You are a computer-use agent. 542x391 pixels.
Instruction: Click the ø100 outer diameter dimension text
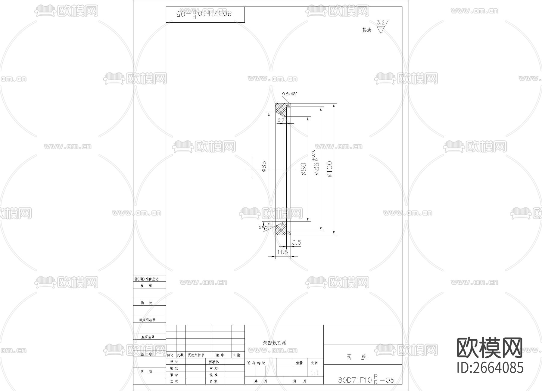[329, 169]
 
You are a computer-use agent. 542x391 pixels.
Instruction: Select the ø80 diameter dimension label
[304, 169]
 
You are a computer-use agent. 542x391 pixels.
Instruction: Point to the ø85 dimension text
[264, 166]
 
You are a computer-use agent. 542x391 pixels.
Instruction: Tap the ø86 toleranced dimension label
[316, 164]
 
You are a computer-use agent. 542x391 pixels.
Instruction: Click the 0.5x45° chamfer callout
[289, 94]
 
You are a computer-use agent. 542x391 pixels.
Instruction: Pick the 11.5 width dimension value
[282, 252]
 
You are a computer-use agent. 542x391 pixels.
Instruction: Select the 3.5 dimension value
[297, 243]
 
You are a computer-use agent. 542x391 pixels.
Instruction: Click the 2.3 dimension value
[281, 120]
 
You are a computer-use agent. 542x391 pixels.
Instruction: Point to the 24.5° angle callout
[263, 227]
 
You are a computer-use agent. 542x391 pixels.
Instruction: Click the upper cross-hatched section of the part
[281, 109]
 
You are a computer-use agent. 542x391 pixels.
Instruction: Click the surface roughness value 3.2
[381, 23]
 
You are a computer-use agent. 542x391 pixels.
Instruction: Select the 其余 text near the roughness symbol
[366, 30]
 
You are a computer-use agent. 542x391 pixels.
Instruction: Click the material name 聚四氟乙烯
[274, 343]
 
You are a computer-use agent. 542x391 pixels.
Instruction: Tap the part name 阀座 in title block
[356, 357]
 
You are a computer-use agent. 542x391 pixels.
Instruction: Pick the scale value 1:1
[314, 373]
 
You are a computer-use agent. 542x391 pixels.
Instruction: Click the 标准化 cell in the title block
[214, 362]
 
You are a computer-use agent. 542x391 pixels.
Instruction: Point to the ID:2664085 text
[490, 368]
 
